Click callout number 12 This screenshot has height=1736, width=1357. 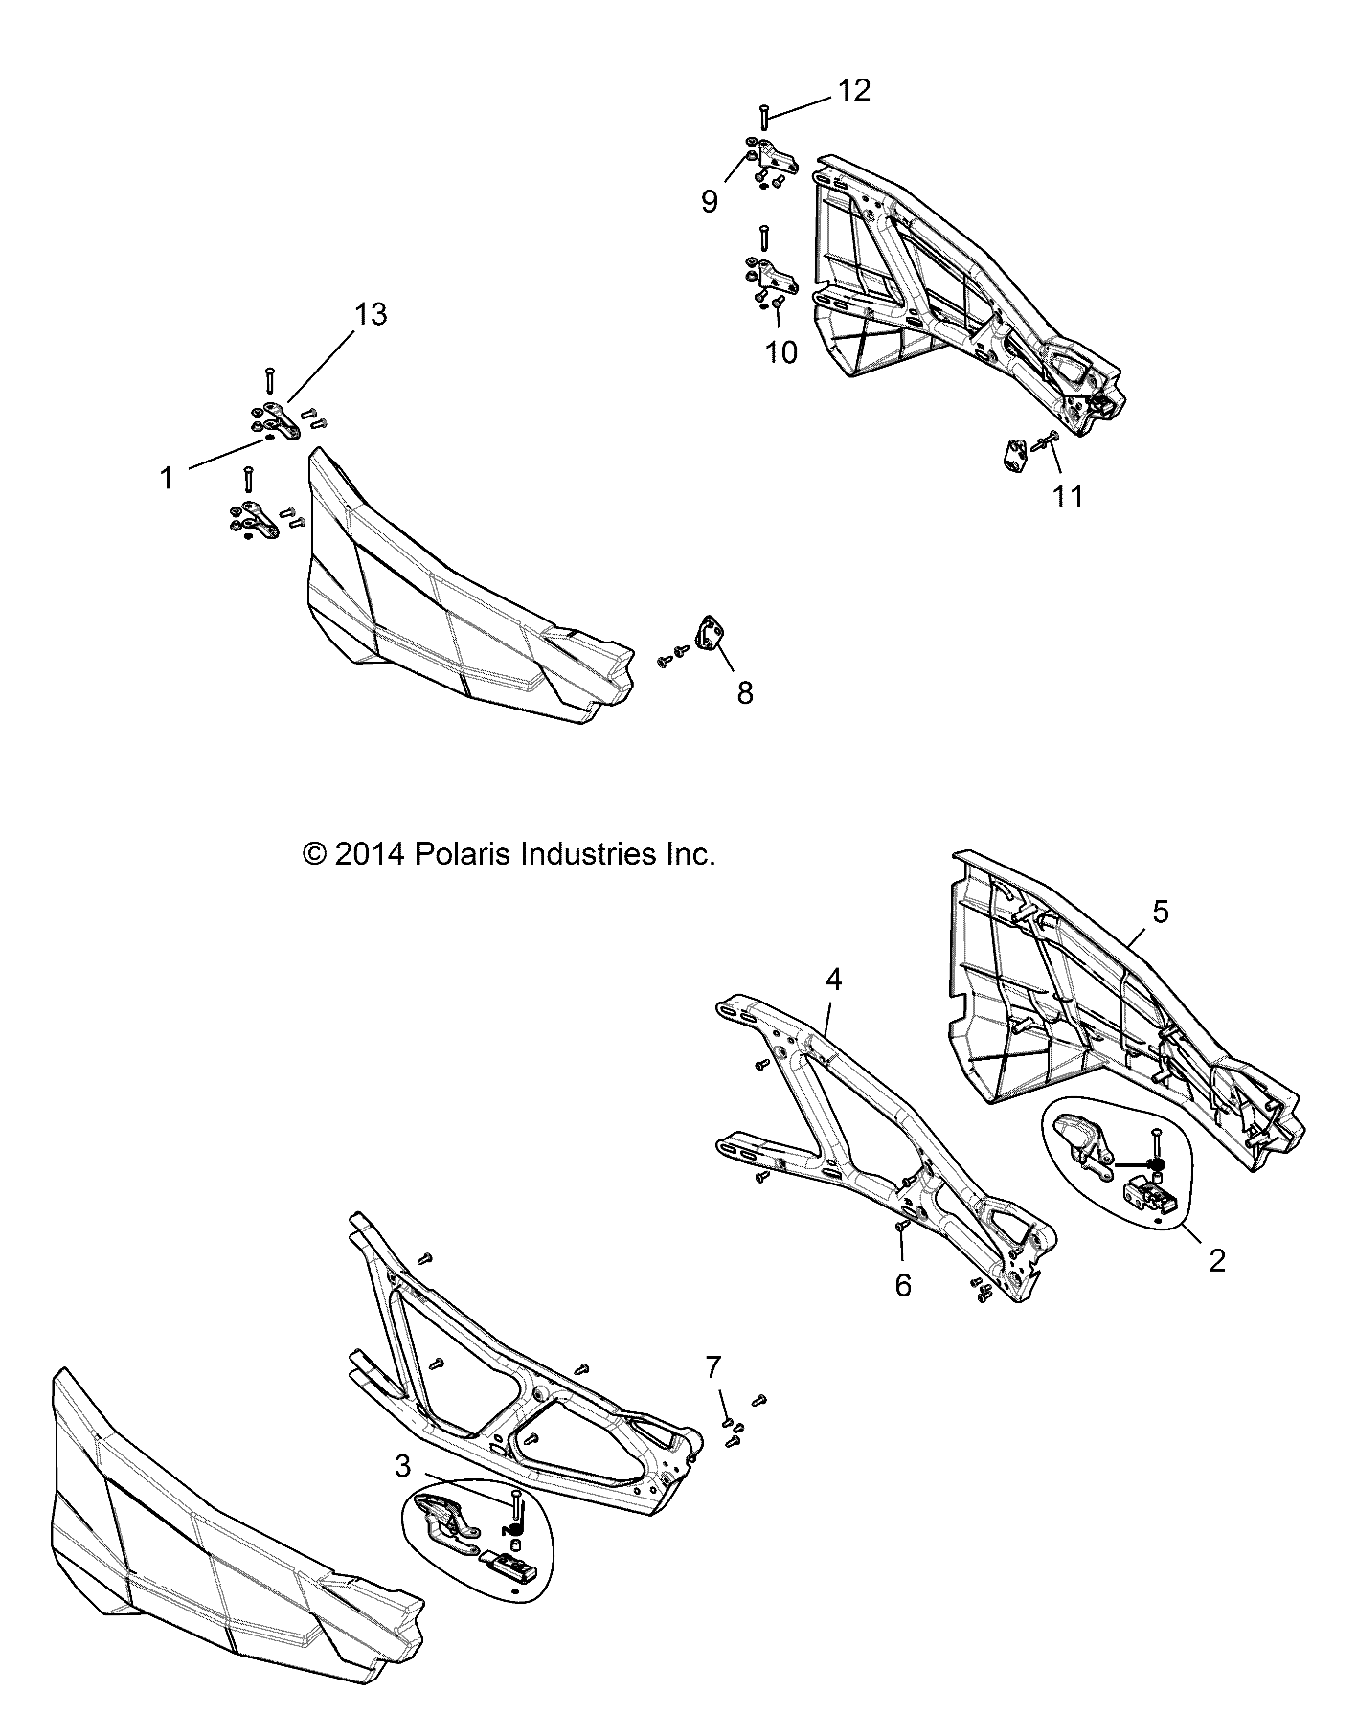(x=854, y=91)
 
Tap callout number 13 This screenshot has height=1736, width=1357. (x=371, y=314)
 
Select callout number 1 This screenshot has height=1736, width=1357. (x=167, y=478)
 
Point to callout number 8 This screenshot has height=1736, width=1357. (x=745, y=691)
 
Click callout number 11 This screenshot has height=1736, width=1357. (x=1068, y=496)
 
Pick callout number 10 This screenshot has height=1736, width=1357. (x=781, y=352)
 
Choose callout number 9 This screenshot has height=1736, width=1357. (x=710, y=202)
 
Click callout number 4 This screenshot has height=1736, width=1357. (x=833, y=980)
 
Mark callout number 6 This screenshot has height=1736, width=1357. (x=903, y=1285)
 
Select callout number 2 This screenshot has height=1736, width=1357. (x=1216, y=1260)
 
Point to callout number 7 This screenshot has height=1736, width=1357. (x=712, y=1367)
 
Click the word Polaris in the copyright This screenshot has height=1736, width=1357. (x=460, y=854)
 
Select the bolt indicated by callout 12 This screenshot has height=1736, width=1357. (x=763, y=118)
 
